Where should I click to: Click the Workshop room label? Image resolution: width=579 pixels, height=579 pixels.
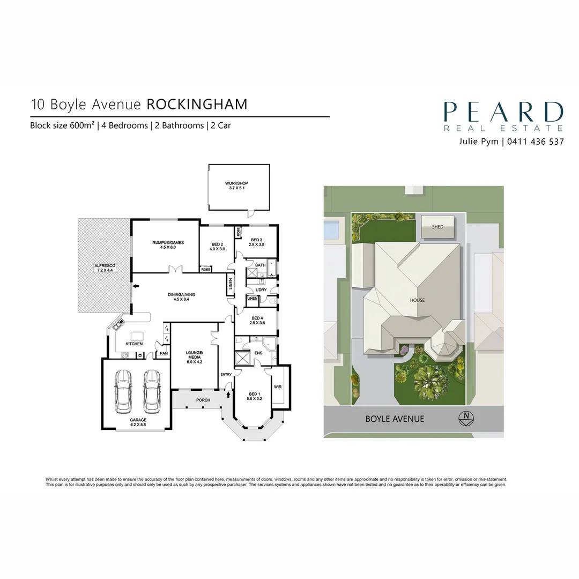pyautogui.click(x=237, y=185)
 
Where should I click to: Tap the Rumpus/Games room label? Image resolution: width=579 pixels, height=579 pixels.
pyautogui.click(x=168, y=245)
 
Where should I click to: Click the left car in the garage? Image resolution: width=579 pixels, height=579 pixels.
pyautogui.click(x=123, y=391)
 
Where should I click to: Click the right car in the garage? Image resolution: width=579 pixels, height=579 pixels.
pyautogui.click(x=152, y=391)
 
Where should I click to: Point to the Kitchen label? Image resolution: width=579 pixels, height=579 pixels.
pyautogui.click(x=134, y=344)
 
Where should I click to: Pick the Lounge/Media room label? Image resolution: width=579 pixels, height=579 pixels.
pyautogui.click(x=194, y=357)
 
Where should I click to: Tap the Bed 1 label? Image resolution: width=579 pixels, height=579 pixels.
pyautogui.click(x=255, y=396)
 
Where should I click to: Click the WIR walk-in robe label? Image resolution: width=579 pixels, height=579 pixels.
pyautogui.click(x=278, y=387)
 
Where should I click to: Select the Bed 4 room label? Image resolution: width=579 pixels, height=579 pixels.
pyautogui.click(x=257, y=321)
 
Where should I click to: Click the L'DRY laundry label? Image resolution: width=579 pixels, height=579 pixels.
pyautogui.click(x=261, y=290)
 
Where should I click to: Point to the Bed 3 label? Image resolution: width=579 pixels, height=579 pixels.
pyautogui.click(x=256, y=242)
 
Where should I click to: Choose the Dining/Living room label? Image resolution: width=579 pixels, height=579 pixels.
pyautogui.click(x=181, y=297)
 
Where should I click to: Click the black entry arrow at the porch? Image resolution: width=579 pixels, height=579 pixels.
pyautogui.click(x=228, y=395)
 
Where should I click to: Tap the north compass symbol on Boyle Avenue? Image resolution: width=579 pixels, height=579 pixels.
pyautogui.click(x=466, y=419)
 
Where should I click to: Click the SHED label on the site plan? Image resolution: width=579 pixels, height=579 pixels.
pyautogui.click(x=437, y=227)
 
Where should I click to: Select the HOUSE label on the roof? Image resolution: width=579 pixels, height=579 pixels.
pyautogui.click(x=417, y=300)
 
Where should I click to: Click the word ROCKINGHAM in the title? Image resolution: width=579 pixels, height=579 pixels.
pyautogui.click(x=197, y=105)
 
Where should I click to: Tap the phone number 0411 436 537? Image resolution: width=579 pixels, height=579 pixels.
pyautogui.click(x=536, y=142)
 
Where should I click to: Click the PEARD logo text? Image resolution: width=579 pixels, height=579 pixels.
pyautogui.click(x=503, y=112)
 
